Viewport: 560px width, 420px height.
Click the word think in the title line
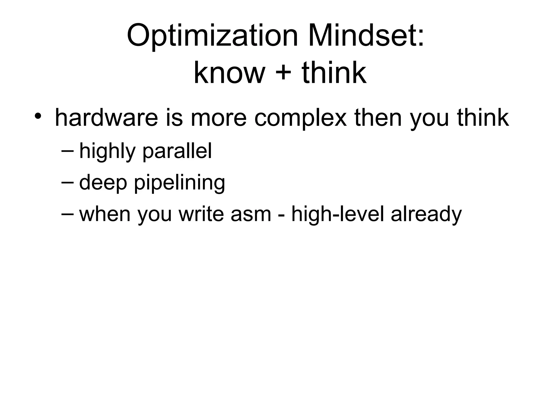coord(334,73)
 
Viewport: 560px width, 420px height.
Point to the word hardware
coord(106,118)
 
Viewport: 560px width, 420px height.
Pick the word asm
coord(251,214)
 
